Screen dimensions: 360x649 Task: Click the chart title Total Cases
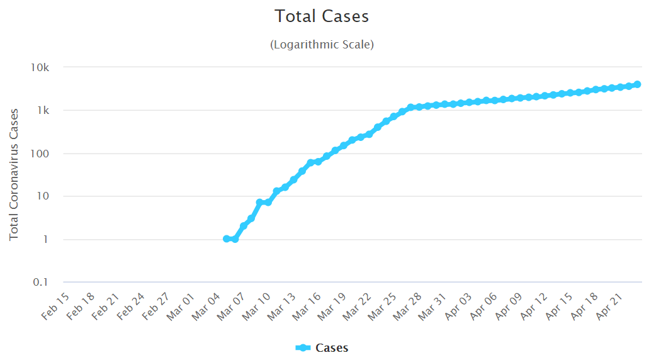tap(322, 16)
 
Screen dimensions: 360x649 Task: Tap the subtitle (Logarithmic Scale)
tap(322, 45)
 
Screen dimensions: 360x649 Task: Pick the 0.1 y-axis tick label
tap(48, 283)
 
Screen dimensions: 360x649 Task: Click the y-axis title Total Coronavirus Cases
tap(14, 174)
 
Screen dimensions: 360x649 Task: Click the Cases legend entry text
tap(332, 348)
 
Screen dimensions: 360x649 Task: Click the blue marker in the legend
tap(303, 348)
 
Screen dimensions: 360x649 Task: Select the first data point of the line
tap(227, 239)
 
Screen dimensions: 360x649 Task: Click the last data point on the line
tap(637, 84)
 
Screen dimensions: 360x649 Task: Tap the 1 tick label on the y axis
tap(53, 240)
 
